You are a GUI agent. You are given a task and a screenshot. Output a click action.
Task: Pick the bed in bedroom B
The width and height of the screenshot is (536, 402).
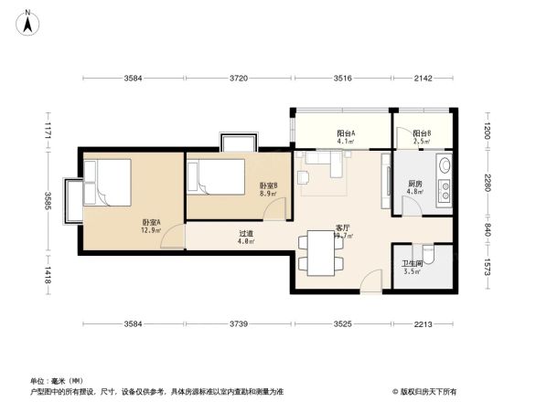tap(216, 175)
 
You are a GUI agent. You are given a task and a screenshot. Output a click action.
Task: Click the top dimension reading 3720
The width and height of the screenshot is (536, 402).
tap(239, 79)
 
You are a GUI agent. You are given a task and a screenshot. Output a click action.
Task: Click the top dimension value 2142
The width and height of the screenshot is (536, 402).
tap(422, 79)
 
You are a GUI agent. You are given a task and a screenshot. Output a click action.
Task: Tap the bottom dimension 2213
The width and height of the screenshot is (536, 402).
tap(422, 324)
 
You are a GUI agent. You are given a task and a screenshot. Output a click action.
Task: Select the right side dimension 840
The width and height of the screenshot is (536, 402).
tap(488, 228)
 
